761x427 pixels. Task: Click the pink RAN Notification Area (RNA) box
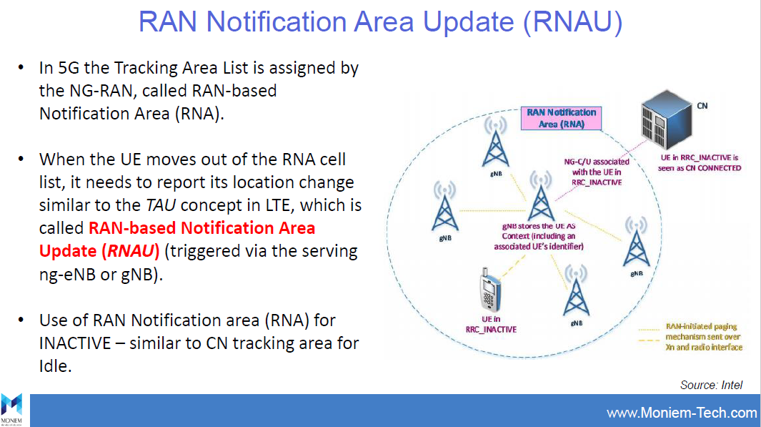(x=561, y=118)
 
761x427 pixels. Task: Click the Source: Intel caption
(x=711, y=385)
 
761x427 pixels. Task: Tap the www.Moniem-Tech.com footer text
(x=681, y=413)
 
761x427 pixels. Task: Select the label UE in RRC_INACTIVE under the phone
(x=490, y=324)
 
